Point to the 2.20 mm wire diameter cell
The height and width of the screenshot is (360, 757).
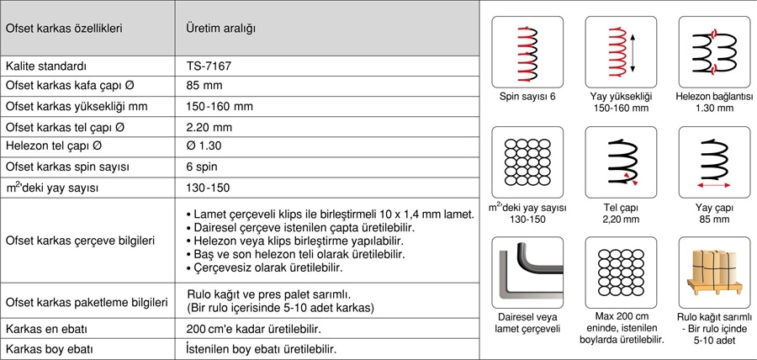click(209, 127)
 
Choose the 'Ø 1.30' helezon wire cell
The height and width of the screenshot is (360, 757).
click(205, 147)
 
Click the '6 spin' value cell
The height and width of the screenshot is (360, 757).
click(202, 167)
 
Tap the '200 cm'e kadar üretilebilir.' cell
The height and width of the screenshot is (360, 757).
click(253, 329)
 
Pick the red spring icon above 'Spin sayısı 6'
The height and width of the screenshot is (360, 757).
click(527, 53)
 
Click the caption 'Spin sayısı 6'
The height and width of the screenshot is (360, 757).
click(527, 97)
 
